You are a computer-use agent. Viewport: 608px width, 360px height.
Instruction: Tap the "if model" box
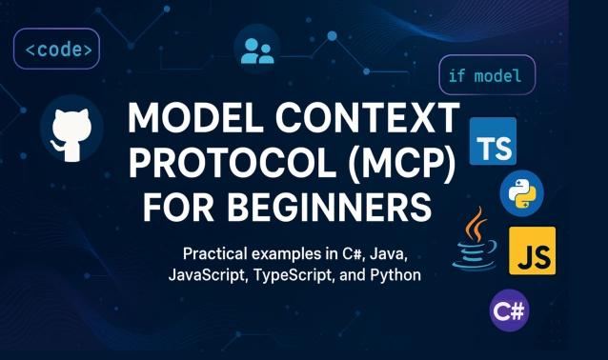point(486,75)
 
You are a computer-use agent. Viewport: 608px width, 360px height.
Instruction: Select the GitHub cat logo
point(71,129)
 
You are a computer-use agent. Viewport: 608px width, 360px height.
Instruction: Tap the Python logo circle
point(520,193)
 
